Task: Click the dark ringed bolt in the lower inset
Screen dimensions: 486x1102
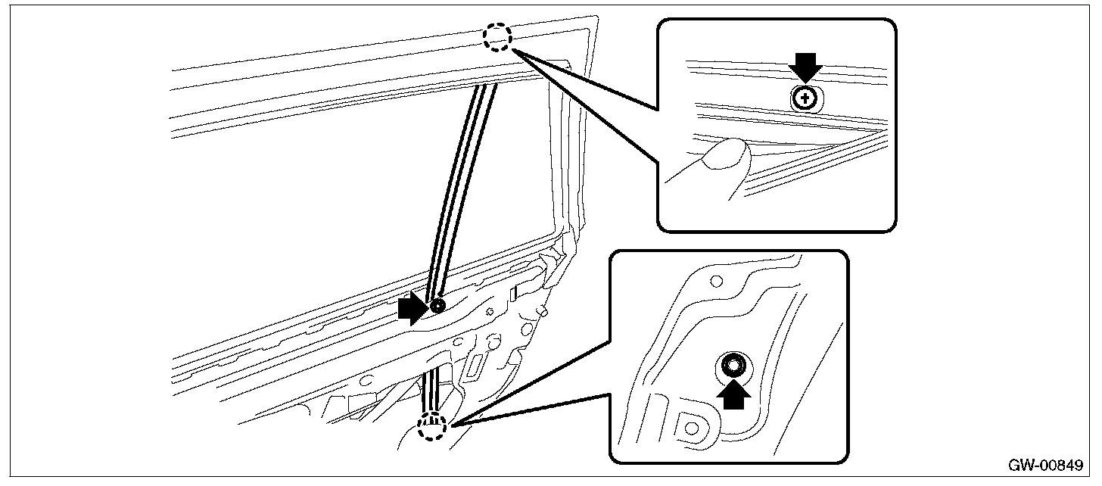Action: coord(732,366)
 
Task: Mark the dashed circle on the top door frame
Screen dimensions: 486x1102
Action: coord(498,36)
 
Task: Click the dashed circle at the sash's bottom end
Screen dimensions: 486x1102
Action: coord(433,426)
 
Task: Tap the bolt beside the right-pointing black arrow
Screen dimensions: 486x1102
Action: coord(437,306)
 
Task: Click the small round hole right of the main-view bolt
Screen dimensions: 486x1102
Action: coord(490,310)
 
